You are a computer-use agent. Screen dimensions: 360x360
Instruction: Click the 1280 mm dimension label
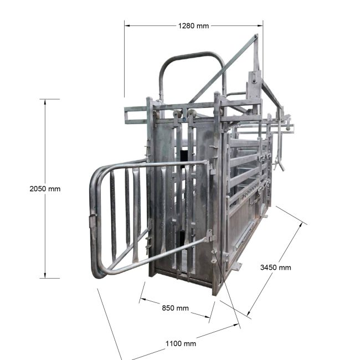click(x=193, y=25)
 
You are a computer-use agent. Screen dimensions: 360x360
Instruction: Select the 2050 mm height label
click(x=45, y=189)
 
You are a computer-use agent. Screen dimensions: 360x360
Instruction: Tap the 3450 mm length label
click(x=275, y=268)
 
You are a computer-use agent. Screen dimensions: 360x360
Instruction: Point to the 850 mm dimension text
click(x=175, y=308)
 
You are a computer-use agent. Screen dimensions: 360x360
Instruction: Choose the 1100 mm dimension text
click(x=181, y=344)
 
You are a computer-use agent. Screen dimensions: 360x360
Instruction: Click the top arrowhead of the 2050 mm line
click(x=45, y=102)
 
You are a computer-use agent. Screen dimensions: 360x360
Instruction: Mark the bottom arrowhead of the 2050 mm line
click(x=45, y=275)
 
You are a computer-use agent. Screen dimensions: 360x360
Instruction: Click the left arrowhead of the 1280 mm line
click(x=127, y=25)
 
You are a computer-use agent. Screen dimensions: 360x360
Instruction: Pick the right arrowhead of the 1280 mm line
click(x=260, y=25)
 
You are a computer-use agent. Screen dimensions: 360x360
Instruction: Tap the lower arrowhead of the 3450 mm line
click(x=249, y=313)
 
